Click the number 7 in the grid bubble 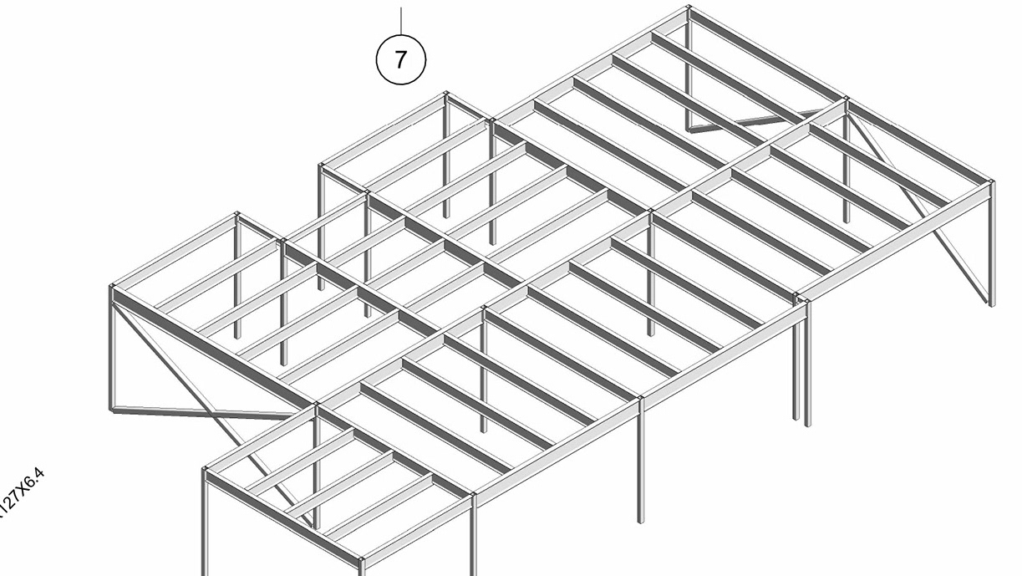point(401,60)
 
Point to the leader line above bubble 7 point(401,21)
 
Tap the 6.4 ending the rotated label point(36,481)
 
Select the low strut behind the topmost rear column point(752,120)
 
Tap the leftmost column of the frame point(111,351)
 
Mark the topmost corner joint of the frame point(689,8)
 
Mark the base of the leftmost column point(112,409)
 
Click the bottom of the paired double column point(801,421)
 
